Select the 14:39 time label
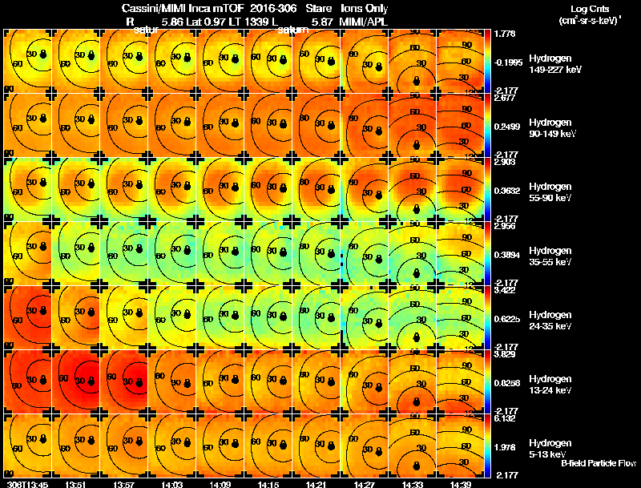coord(460,483)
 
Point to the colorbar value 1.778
coord(505,34)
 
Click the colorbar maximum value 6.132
coord(505,418)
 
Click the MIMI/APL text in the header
coord(365,22)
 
